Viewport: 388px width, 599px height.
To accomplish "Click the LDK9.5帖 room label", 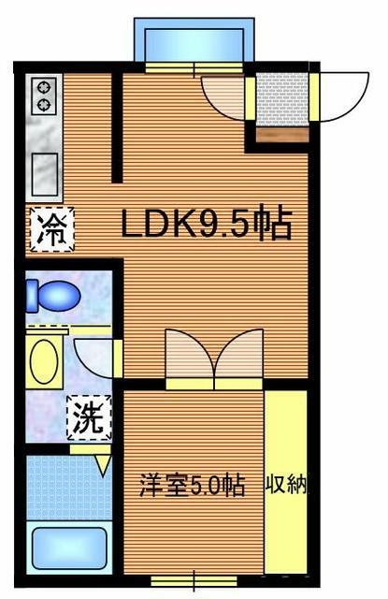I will (x=207, y=224).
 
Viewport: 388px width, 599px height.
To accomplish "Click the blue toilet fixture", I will (x=53, y=297).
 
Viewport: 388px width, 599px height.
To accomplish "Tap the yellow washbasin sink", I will (x=43, y=361).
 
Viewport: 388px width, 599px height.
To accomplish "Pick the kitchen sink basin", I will (x=45, y=174).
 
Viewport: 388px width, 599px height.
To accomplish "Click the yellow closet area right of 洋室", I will (x=286, y=440).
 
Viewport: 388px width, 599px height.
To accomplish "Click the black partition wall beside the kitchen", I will (x=117, y=126).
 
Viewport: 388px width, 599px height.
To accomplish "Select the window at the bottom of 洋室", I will (x=194, y=580).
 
